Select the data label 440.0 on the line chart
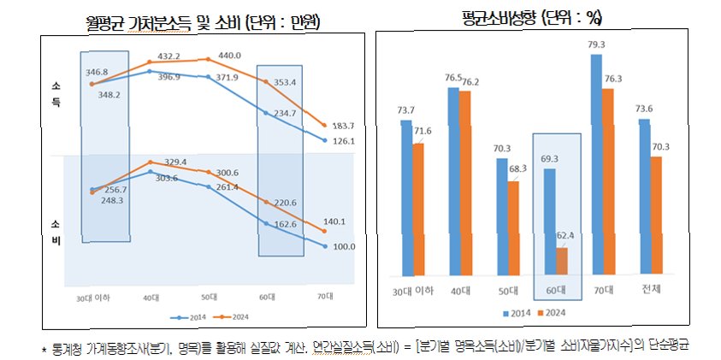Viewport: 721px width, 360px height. (208, 55)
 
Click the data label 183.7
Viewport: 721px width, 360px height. (343, 125)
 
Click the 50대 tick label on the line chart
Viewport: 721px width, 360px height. (208, 298)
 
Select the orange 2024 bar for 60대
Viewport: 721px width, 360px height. (561, 262)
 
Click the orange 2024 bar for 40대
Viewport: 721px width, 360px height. (465, 183)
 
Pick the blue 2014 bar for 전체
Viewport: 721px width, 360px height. (644, 198)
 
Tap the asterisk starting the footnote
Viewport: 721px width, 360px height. (44, 347)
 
